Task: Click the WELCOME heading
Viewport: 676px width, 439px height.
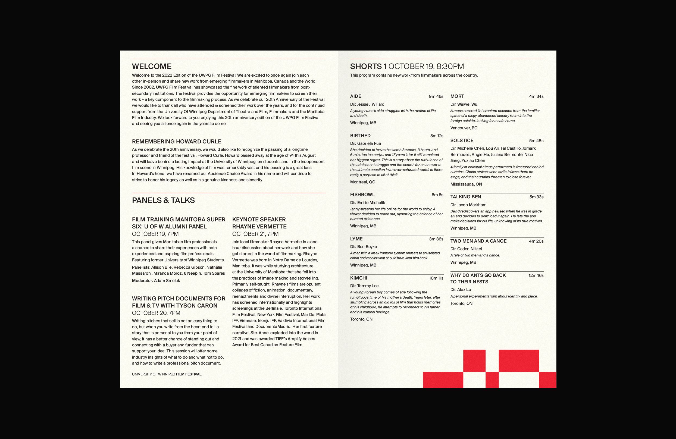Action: pos(152,67)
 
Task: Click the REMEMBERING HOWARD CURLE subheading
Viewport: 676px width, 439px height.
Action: pos(176,142)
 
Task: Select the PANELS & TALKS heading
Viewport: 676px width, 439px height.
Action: pos(163,200)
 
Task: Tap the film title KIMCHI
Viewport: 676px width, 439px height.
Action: pos(358,278)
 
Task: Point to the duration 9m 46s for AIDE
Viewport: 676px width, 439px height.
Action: pos(436,96)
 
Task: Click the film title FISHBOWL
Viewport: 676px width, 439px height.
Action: pos(362,195)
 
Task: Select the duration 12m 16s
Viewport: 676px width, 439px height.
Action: pos(536,275)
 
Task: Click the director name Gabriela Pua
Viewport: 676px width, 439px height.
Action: pos(369,143)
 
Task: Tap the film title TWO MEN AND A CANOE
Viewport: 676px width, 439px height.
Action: pos(478,241)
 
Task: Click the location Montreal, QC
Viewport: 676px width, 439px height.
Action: pos(362,182)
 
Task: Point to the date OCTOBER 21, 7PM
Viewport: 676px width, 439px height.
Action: pos(255,234)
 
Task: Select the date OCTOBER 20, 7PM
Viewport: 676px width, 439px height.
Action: pos(156,313)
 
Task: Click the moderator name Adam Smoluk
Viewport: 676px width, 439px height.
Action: pos(167,281)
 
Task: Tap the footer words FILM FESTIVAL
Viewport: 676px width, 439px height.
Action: pos(189,374)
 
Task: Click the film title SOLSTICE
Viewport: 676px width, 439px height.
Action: pos(462,140)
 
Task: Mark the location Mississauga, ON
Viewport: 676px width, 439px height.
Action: pos(466,184)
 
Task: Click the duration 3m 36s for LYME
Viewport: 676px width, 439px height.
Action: pos(436,239)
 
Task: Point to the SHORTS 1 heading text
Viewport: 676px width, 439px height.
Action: pos(368,67)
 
